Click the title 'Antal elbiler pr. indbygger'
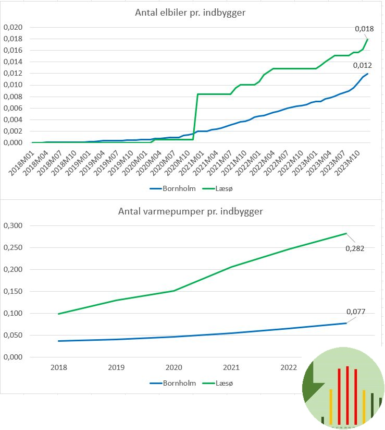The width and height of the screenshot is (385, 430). click(x=190, y=13)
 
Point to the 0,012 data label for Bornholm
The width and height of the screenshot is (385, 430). click(x=362, y=65)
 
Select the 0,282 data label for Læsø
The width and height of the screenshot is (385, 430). click(x=355, y=248)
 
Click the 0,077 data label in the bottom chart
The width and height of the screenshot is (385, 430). click(x=356, y=312)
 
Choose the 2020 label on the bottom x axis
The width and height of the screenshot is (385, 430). click(x=173, y=367)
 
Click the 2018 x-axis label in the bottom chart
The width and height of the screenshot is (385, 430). click(x=58, y=367)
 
